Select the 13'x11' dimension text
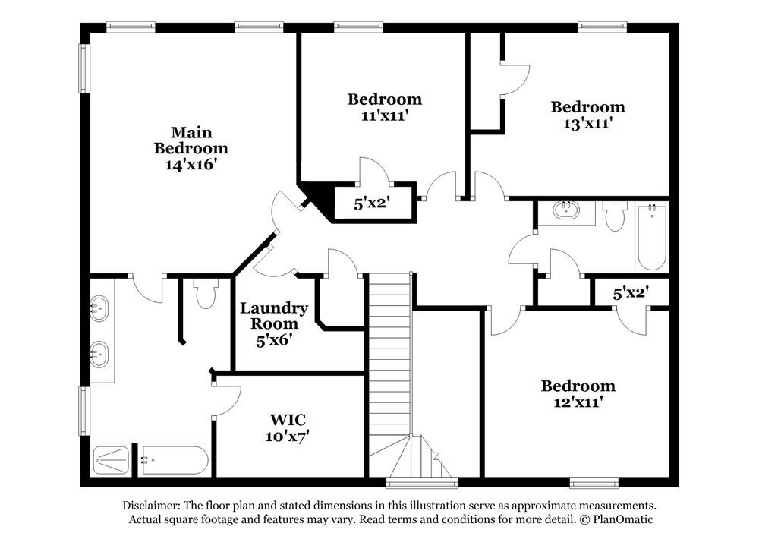[x=587, y=124]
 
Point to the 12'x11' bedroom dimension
[x=578, y=403]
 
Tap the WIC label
[x=288, y=420]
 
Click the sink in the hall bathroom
[x=565, y=210]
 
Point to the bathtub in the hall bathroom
[x=651, y=237]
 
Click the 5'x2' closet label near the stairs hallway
[x=373, y=203]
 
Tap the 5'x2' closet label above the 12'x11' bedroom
[x=630, y=292]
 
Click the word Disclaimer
[x=151, y=505]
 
